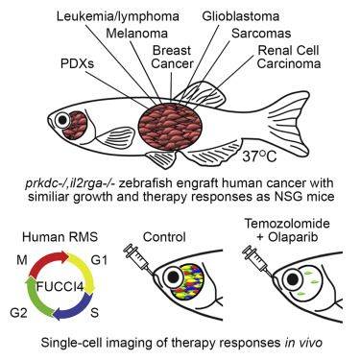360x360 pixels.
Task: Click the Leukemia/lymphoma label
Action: tap(118, 16)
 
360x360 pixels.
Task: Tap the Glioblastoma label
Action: tap(241, 16)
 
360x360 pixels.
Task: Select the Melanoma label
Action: tap(137, 34)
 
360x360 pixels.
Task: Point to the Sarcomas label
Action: tap(261, 34)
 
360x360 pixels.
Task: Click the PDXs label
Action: tap(77, 63)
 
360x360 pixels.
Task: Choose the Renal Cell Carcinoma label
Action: tap(289, 57)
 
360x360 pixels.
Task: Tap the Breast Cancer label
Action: tap(172, 57)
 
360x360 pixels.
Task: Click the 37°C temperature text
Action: tap(259, 156)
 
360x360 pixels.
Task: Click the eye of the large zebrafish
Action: tap(62, 120)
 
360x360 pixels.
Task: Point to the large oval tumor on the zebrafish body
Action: tap(171, 126)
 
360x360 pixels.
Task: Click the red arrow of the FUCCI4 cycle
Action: tap(50, 261)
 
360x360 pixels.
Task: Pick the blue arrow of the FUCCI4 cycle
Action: tap(73, 307)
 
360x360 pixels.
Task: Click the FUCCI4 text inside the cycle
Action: tap(60, 286)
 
